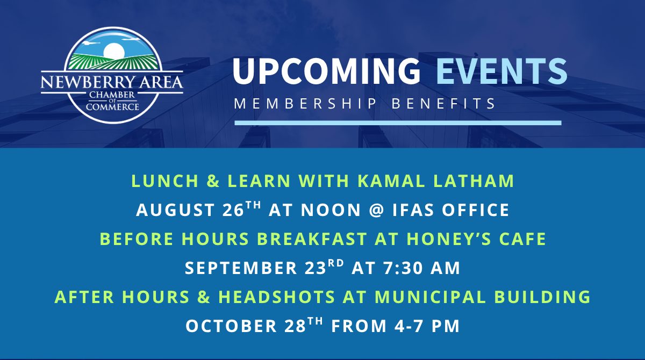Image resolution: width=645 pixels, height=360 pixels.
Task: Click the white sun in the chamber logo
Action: [x=114, y=52]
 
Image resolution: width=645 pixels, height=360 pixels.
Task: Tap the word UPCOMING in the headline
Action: [x=327, y=71]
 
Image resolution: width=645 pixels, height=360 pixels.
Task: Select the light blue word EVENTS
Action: [x=501, y=71]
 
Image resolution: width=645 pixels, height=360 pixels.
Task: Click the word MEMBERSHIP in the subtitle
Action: [x=305, y=104]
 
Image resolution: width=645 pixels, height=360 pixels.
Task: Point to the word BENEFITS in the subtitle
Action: [x=444, y=104]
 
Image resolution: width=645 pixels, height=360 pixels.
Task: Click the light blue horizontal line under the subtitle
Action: [x=398, y=123]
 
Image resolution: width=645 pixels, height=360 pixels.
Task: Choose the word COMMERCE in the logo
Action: [x=112, y=107]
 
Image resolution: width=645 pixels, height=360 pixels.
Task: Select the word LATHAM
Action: [x=474, y=181]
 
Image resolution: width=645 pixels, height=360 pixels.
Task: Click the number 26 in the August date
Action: [x=233, y=210]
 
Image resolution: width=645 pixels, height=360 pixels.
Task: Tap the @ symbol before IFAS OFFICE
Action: [x=376, y=210]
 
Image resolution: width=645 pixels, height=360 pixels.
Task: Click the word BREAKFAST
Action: [x=312, y=239]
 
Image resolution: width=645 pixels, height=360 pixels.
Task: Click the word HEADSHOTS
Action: [x=277, y=297]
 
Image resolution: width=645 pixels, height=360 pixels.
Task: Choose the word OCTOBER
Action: [x=231, y=326]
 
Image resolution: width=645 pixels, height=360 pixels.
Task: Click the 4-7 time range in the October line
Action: [x=409, y=326]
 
